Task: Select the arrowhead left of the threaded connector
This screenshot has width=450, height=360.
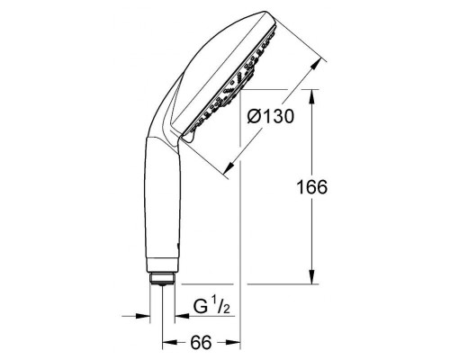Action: [x=144, y=316]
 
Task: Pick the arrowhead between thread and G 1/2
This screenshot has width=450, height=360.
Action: [x=177, y=316]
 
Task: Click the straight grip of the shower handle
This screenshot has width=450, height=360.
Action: [x=163, y=207]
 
